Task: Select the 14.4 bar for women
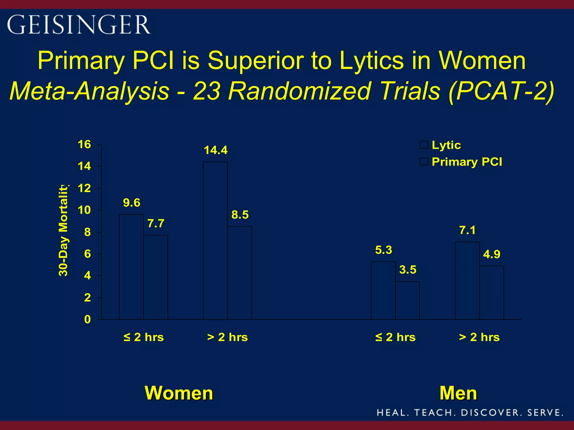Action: pyautogui.click(x=215, y=241)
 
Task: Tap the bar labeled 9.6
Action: pyautogui.click(x=131, y=267)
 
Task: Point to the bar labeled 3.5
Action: pyautogui.click(x=407, y=300)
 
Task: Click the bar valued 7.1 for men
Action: pyautogui.click(x=467, y=281)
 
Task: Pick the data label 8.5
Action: pyautogui.click(x=240, y=215)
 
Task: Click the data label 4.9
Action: pyautogui.click(x=492, y=254)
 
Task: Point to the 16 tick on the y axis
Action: pyautogui.click(x=84, y=144)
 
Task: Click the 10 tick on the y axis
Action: pyautogui.click(x=84, y=210)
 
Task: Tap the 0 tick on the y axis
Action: pyautogui.click(x=87, y=319)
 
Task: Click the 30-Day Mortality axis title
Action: pyautogui.click(x=63, y=230)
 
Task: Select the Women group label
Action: pyautogui.click(x=179, y=393)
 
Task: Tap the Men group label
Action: pyautogui.click(x=458, y=393)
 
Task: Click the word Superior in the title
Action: pyautogui.click(x=256, y=60)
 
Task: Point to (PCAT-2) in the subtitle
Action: pyautogui.click(x=501, y=91)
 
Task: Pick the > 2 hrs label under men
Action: pyautogui.click(x=479, y=337)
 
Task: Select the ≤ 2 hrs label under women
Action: pyautogui.click(x=143, y=337)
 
